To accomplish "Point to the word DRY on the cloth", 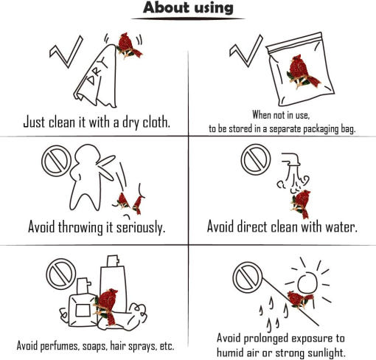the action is (97, 72).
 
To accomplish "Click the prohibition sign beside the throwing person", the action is (57, 161).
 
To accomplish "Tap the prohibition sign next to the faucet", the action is (256, 159).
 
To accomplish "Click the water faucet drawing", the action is (291, 159).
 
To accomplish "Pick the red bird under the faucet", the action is (301, 204).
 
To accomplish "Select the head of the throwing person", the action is (88, 154).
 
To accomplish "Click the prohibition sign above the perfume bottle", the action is (61, 274).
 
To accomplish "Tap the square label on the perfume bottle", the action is (83, 311).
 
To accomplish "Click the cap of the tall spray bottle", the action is (113, 261).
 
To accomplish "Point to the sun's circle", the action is (307, 283).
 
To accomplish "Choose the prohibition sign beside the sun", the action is (248, 277).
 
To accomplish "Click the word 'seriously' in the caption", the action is (141, 227).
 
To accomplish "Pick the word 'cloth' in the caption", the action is (156, 122).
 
